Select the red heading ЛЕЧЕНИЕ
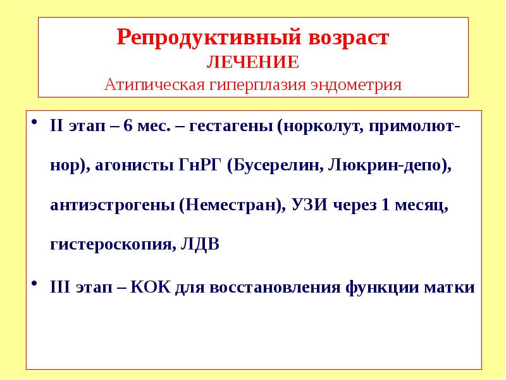(x=253, y=63)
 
